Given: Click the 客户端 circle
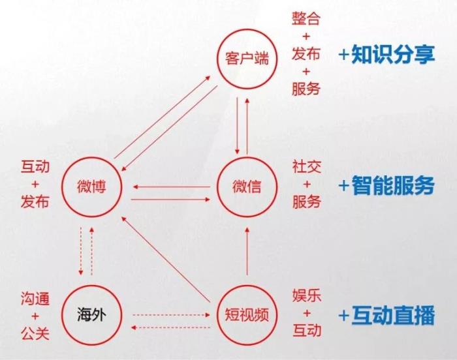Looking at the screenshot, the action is pos(247,59).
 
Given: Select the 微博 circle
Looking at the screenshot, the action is pos(91,187).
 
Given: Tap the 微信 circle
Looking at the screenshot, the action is pos(247,187).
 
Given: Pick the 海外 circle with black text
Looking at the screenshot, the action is pos(91,315).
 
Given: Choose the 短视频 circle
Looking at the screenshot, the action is pos(247,315).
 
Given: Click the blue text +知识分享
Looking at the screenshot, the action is pos(386,55).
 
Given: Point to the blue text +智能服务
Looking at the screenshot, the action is pos(386,185).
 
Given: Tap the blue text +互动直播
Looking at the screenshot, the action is pos(386,315).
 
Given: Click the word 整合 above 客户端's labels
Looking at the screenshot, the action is pos(306,18).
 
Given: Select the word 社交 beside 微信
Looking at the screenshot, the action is pos(307,166).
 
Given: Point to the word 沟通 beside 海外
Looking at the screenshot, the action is pos(35,299).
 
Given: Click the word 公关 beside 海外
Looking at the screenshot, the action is pos(35,333).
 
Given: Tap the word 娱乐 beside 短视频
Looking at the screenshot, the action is pos(307,295).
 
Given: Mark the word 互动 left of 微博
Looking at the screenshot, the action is pos(35,166).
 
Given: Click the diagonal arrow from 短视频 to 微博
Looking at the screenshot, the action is pos(166,259).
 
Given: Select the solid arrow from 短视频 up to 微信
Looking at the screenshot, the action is pos(247,251).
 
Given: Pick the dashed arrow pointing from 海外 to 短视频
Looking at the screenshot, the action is pos(171,315).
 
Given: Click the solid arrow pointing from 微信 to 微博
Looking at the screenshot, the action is pos(171,187).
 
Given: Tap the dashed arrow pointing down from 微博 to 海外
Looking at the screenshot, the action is pos(81,251).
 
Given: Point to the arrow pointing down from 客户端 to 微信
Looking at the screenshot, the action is pos(237,126).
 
